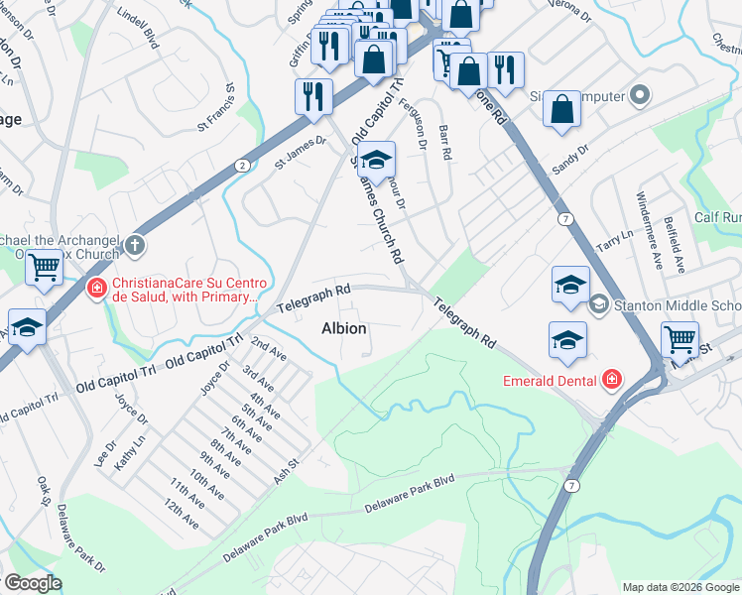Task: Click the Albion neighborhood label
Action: pyautogui.click(x=344, y=328)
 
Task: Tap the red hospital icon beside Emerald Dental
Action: pyautogui.click(x=611, y=380)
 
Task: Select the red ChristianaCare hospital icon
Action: pyautogui.click(x=96, y=290)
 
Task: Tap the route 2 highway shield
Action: pyautogui.click(x=242, y=166)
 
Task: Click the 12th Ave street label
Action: pyautogui.click(x=183, y=514)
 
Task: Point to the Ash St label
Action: pyautogui.click(x=286, y=470)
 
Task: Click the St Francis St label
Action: pyautogui.click(x=218, y=113)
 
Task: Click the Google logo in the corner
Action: pyautogui.click(x=33, y=583)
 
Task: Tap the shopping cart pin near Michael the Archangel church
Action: pyautogui.click(x=44, y=267)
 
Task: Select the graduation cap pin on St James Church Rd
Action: pyautogui.click(x=376, y=160)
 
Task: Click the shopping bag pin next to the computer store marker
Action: pyautogui.click(x=561, y=111)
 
